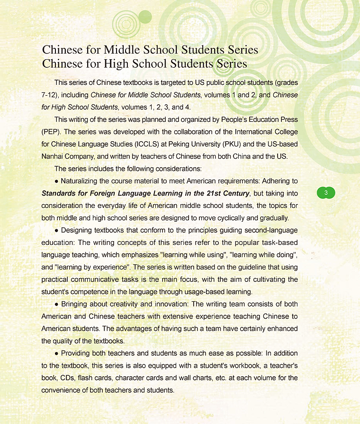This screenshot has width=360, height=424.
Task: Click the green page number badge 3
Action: tap(325, 192)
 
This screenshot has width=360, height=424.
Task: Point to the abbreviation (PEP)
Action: tap(51, 131)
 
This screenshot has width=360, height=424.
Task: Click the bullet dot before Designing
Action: tap(56, 230)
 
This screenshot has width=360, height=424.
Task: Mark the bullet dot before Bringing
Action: tap(56, 304)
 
